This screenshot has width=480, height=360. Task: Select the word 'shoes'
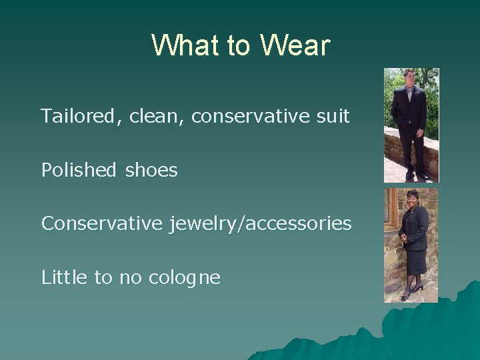(x=151, y=171)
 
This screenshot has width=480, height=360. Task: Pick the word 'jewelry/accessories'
(x=261, y=224)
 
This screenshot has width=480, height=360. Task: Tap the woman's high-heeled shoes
(x=411, y=291)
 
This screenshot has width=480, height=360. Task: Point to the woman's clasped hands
(x=404, y=237)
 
